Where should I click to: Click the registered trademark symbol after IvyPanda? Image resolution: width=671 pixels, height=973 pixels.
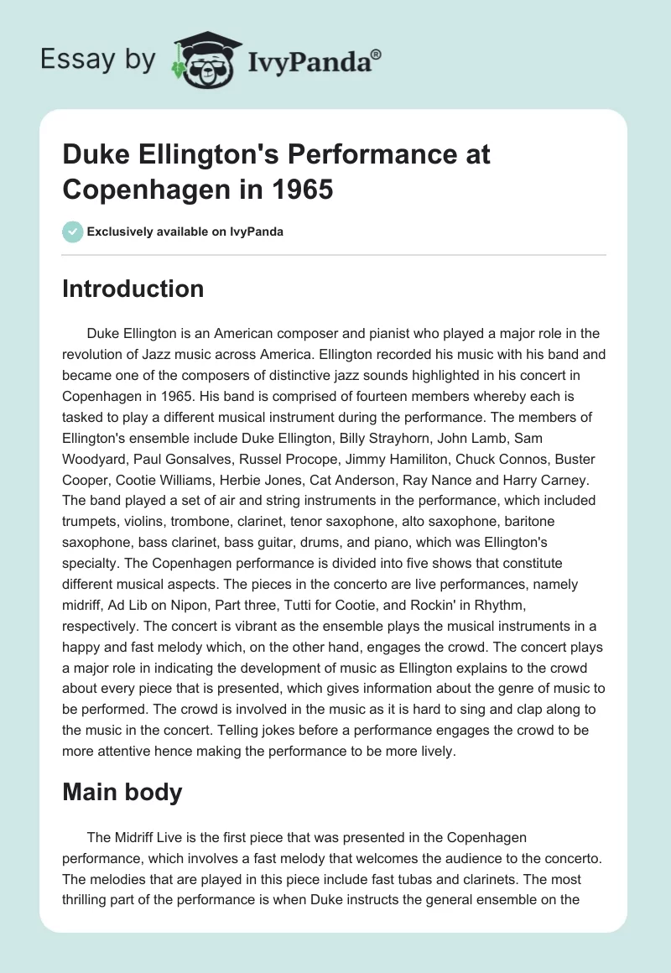tap(377, 54)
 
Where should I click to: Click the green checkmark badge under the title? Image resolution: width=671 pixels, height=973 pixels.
tap(73, 232)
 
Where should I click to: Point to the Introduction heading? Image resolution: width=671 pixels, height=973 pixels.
tap(133, 289)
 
